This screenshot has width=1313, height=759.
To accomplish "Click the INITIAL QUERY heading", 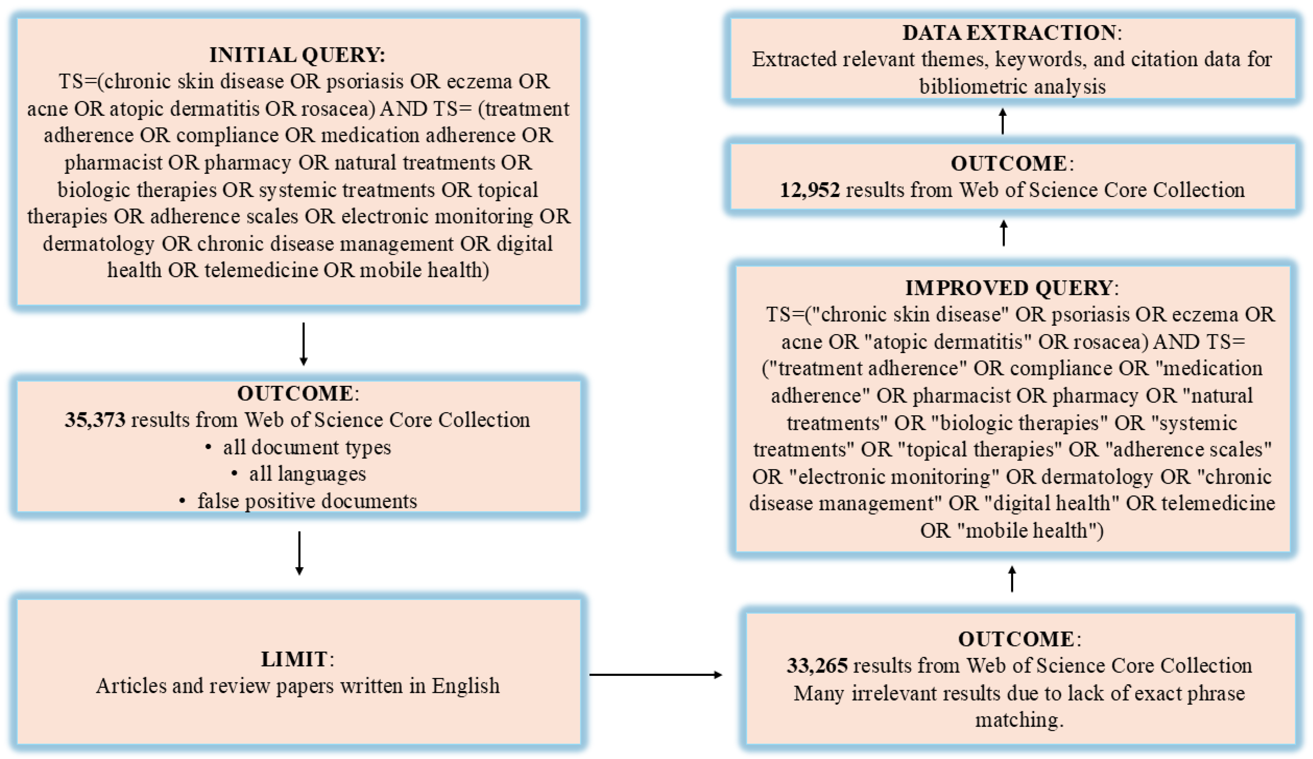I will click(x=297, y=55).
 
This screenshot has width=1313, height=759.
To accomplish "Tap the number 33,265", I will click(x=817, y=666).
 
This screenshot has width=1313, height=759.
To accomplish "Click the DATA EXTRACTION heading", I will click(x=1011, y=33).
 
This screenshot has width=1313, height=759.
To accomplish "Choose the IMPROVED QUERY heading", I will click(x=1011, y=288).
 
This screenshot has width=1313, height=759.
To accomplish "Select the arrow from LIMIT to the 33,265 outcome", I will click(x=656, y=675).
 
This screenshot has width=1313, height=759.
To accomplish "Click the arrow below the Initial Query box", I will click(x=304, y=344).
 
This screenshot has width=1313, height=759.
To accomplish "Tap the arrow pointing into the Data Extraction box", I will click(x=1003, y=121).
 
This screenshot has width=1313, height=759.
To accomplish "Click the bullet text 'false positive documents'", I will click(x=307, y=501).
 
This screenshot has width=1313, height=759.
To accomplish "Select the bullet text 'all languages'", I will click(x=307, y=474).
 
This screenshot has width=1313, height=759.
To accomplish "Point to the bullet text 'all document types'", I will click(x=307, y=447).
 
